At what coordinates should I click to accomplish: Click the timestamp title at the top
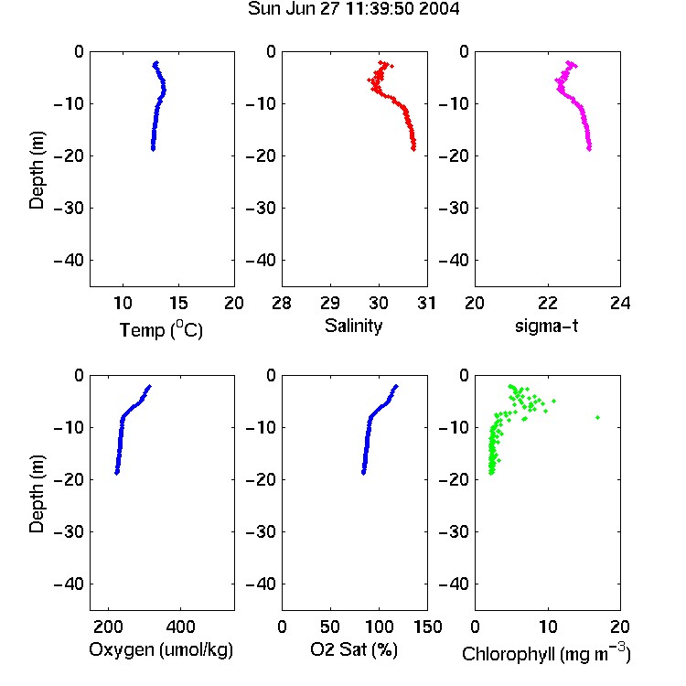click(x=353, y=9)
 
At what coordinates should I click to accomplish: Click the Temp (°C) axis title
click(x=161, y=329)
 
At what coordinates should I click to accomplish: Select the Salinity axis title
click(x=353, y=326)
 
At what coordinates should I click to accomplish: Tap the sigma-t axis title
click(x=546, y=326)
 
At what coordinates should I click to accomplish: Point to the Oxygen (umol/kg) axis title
click(x=161, y=649)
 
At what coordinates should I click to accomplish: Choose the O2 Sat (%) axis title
click(x=354, y=649)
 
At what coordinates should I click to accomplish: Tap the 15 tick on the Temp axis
click(x=178, y=303)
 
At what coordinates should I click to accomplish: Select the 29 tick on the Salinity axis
click(x=330, y=303)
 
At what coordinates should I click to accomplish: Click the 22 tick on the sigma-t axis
click(x=548, y=303)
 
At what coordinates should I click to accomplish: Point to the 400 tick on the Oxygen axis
click(x=180, y=627)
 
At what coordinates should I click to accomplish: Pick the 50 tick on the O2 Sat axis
click(x=330, y=627)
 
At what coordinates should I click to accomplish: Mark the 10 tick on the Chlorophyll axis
click(x=548, y=627)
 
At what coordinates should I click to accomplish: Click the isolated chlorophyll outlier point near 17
click(x=597, y=417)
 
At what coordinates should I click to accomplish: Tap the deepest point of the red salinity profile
click(x=413, y=149)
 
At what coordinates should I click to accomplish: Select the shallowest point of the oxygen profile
click(x=150, y=386)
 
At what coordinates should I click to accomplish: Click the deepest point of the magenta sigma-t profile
click(x=589, y=149)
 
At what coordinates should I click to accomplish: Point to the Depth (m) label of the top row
click(x=37, y=170)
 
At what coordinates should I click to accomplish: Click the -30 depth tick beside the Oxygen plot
click(x=69, y=532)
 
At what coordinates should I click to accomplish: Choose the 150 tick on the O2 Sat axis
click(x=427, y=627)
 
